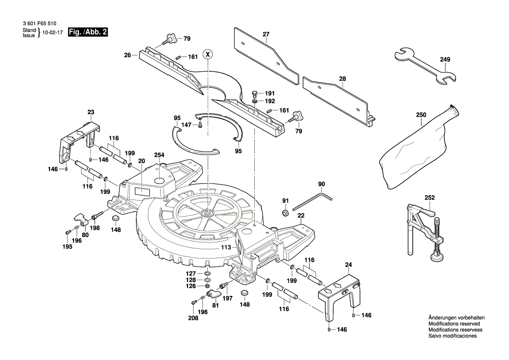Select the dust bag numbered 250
(416, 148)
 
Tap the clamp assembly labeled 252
(425, 231)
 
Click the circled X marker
(209, 54)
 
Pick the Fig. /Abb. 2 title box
(88, 32)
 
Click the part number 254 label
(159, 155)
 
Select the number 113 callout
(226, 247)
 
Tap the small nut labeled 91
(285, 213)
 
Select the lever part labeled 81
(214, 294)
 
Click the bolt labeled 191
(255, 93)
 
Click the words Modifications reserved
(454, 324)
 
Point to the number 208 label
(193, 318)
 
